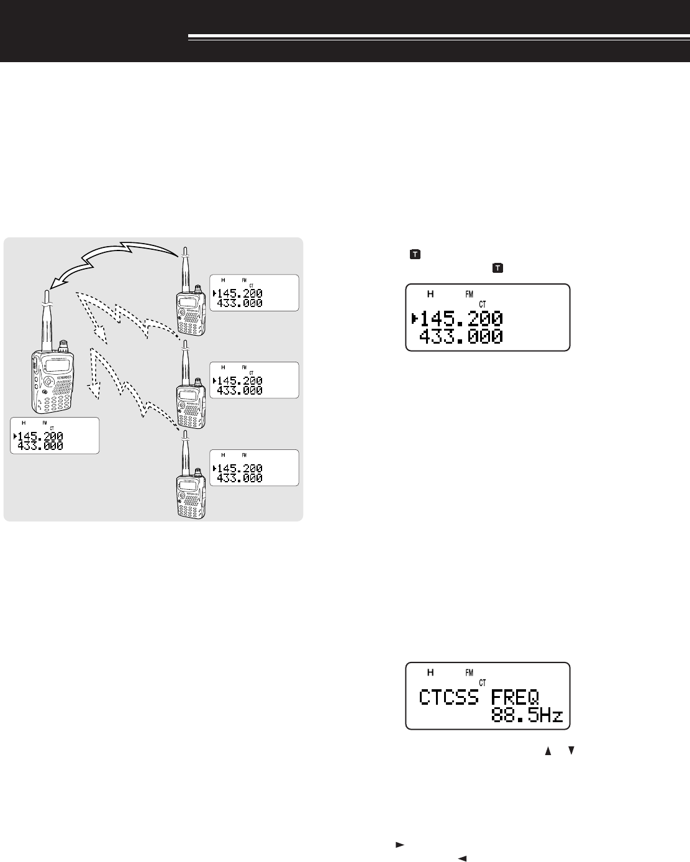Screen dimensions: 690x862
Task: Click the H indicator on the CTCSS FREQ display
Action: point(430,672)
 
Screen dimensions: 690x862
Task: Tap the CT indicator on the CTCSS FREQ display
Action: point(482,681)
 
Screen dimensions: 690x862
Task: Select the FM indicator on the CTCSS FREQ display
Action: point(469,672)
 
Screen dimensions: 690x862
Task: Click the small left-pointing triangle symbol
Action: point(461,857)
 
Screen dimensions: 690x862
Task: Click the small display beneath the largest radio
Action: point(55,436)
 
